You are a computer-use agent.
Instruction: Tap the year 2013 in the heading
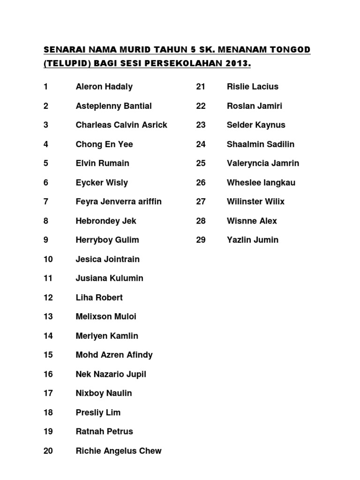pyautogui.click(x=240, y=63)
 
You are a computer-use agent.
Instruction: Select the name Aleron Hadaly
pyautogui.click(x=104, y=87)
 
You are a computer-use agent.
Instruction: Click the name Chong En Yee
pyautogui.click(x=104, y=144)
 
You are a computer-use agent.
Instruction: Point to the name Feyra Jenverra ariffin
pyautogui.click(x=119, y=202)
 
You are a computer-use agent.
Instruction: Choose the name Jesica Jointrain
pyautogui.click(x=108, y=259)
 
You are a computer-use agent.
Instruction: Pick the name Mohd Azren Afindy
pyautogui.click(x=114, y=355)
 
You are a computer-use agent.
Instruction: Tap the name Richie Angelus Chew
pyautogui.click(x=119, y=451)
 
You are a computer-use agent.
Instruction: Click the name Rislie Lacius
pyautogui.click(x=253, y=87)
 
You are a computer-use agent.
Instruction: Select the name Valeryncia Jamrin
pyautogui.click(x=263, y=163)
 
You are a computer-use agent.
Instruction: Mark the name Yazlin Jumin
pyautogui.click(x=253, y=240)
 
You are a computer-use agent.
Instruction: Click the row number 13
pyautogui.click(x=48, y=316)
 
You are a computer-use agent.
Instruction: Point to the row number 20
pyautogui.click(x=48, y=451)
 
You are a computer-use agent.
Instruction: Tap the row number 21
pyautogui.click(x=201, y=87)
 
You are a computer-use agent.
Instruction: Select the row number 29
pyautogui.click(x=201, y=240)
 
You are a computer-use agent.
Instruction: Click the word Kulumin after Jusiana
pyautogui.click(x=127, y=278)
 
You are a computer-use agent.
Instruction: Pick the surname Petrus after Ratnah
pyautogui.click(x=120, y=432)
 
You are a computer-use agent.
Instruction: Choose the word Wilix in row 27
pyautogui.click(x=275, y=202)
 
